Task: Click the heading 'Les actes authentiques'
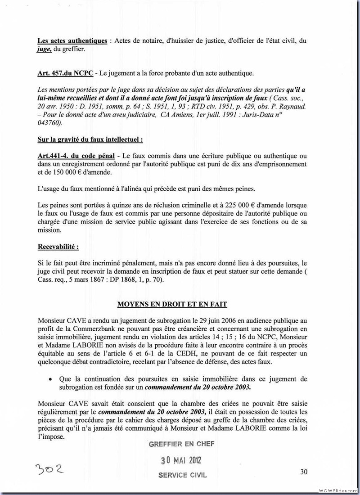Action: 72,41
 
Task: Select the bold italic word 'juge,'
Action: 45,49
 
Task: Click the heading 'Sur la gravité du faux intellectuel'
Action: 90,139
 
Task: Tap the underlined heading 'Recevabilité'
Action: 58,247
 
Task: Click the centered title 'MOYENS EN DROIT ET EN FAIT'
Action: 172,304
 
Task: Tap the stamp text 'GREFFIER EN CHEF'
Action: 181,444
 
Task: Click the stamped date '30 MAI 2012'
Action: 181,460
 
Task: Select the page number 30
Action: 304,472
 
